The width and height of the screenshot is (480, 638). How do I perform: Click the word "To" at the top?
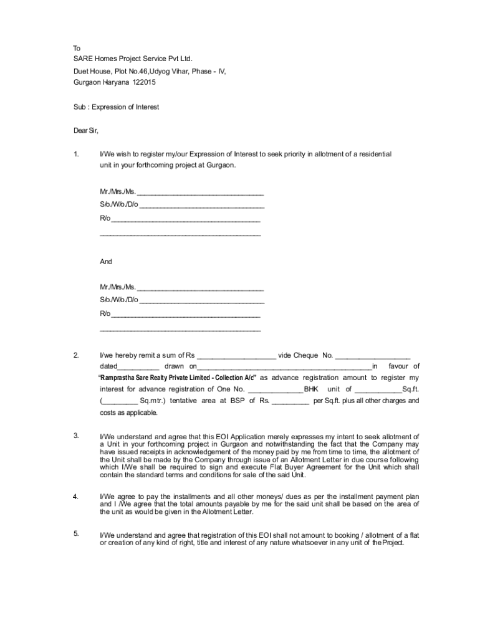click(x=77, y=48)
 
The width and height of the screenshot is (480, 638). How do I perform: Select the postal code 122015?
click(x=143, y=82)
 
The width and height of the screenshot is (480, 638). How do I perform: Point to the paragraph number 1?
click(x=75, y=154)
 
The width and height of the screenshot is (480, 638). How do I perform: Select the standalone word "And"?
click(x=106, y=262)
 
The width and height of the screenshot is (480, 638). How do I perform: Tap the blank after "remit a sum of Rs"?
click(x=236, y=356)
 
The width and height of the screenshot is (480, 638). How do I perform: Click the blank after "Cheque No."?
click(x=372, y=356)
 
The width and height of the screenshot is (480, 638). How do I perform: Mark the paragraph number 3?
click(x=75, y=436)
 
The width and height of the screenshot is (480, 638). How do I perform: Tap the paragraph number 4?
click(x=75, y=497)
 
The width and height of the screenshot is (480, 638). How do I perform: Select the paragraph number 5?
click(x=75, y=533)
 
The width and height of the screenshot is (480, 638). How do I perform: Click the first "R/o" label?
click(x=105, y=219)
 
